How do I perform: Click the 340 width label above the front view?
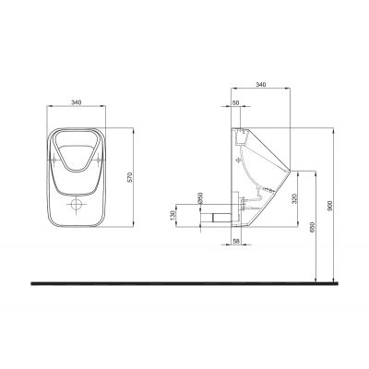(76, 102)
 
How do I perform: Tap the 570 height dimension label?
(130, 177)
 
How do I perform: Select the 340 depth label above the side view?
(260, 84)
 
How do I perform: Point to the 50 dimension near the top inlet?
(236, 103)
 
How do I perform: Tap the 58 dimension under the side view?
(236, 242)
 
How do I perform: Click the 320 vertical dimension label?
(294, 198)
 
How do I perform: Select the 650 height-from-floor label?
(312, 227)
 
